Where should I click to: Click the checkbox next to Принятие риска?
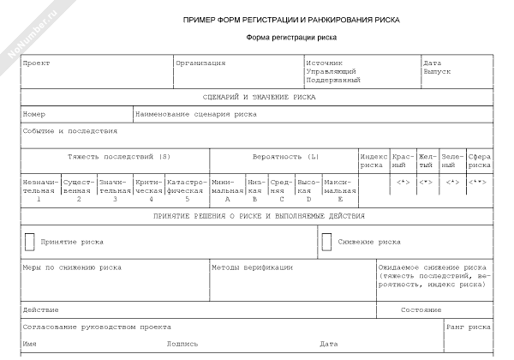[31, 242]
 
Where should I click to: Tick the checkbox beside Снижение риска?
[326, 242]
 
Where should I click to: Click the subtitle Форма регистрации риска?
[291, 38]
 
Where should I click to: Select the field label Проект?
[36, 63]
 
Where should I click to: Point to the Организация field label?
[200, 63]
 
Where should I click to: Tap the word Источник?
[324, 63]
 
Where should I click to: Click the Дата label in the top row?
[432, 63]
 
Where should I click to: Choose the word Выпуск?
[436, 71]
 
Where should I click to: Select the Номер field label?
[34, 114]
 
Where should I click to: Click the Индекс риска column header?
[373, 161]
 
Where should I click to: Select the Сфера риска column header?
[480, 161]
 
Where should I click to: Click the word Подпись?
[182, 344]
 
